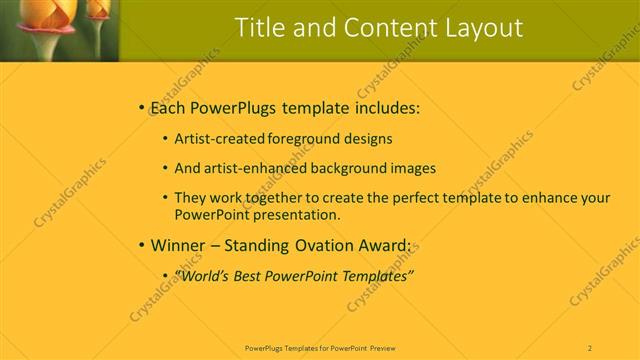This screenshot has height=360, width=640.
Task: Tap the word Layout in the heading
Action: [x=483, y=28]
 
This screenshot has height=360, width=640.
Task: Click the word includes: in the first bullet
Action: [x=377, y=107]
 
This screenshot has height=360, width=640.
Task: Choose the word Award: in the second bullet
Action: [x=378, y=244]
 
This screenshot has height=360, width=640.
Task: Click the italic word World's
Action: [x=203, y=274]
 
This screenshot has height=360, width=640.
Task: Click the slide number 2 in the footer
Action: [x=590, y=348]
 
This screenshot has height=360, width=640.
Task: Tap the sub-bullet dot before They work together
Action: [x=165, y=197]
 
